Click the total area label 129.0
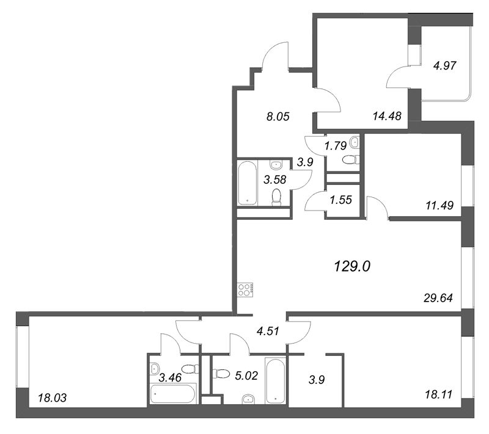coord(352,266)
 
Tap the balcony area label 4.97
coord(445,66)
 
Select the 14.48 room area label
coord(387,116)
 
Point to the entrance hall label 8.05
coord(278,117)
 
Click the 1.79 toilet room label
coord(336,145)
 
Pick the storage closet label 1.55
coord(341,200)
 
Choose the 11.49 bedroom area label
coord(439,205)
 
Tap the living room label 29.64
coord(438,298)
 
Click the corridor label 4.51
coord(268,331)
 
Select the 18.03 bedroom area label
coord(52,397)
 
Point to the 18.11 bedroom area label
coord(438,394)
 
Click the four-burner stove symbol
coord(246,289)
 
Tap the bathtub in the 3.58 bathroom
coord(248,183)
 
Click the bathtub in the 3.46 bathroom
coord(173,394)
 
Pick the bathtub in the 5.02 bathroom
coord(275,380)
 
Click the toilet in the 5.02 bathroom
coord(220,374)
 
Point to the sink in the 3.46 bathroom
coord(155,369)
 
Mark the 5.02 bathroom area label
coord(246,376)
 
